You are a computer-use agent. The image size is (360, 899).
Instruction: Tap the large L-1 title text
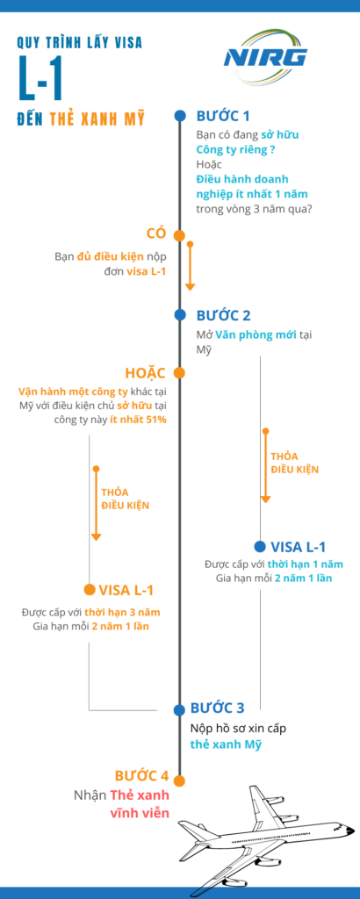(40, 78)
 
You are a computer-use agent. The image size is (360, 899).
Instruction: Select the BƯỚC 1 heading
(223, 116)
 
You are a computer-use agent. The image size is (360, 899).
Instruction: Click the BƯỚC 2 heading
(223, 315)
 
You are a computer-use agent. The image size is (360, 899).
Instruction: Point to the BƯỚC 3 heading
(217, 708)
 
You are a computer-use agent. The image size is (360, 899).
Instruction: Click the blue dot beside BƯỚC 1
(180, 116)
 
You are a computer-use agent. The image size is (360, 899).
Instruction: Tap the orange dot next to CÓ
(179, 235)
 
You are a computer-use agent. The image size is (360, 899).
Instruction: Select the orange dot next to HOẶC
(179, 372)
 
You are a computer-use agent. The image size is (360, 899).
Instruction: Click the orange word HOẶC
(146, 372)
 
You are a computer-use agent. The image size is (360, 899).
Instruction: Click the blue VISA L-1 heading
(298, 546)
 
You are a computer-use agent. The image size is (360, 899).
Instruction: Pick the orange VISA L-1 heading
(126, 589)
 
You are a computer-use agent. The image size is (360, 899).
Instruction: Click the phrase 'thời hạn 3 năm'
(123, 612)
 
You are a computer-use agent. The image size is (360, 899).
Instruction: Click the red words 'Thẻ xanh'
(140, 795)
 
